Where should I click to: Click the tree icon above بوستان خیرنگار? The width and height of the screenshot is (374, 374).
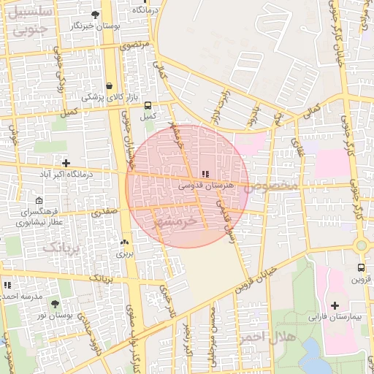point(96,15)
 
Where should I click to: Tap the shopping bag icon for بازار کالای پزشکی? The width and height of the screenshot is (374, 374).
point(109,85)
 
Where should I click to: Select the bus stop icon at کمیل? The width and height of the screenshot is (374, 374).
point(148,105)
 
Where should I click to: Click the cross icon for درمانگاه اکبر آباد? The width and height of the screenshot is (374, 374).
point(66,163)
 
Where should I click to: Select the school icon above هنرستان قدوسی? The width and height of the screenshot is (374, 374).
point(205,175)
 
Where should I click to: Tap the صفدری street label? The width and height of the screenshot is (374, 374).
point(104,212)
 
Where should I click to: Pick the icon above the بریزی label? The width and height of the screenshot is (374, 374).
point(124,243)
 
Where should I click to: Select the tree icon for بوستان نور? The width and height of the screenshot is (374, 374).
point(55,303)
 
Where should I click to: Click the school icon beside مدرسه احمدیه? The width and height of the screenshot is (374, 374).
point(7,285)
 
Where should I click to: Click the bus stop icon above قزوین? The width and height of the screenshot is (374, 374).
point(361,267)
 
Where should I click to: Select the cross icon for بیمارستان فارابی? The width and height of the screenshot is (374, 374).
point(335,305)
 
